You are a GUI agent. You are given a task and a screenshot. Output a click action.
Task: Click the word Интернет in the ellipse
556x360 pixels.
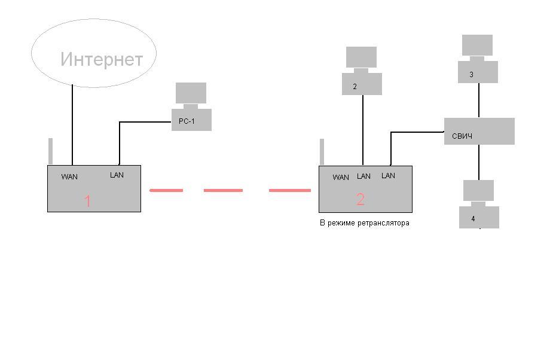pos(102,60)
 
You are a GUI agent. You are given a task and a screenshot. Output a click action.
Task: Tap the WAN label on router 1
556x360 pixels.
pos(69,177)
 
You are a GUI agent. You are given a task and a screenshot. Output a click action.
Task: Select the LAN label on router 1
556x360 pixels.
pos(117,175)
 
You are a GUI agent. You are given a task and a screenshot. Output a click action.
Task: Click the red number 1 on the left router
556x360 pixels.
pos(87,202)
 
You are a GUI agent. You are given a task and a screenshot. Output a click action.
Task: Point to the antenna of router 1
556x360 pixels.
pos(51,151)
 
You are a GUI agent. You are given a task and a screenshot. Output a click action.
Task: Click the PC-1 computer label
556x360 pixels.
pos(187,121)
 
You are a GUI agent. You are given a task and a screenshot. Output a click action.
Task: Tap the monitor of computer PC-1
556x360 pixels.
pos(191,93)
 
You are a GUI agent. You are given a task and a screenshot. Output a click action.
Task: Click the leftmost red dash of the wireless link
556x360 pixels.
pos(166,190)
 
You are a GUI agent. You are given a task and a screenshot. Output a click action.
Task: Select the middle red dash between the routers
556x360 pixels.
pos(223,190)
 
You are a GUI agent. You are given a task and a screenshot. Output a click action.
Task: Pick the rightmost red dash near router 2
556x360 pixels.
pos(290,190)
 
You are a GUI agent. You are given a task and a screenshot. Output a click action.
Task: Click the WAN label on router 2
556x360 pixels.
pos(341,178)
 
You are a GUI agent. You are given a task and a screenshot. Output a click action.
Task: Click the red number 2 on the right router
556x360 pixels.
pos(361,200)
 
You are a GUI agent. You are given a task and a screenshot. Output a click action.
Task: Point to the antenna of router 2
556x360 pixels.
pos(322,152)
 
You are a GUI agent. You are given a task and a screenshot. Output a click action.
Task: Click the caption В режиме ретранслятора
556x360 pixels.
pos(365,223)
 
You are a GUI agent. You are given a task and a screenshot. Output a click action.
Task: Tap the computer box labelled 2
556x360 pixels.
pos(362,84)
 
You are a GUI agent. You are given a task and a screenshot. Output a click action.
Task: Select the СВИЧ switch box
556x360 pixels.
pos(479,132)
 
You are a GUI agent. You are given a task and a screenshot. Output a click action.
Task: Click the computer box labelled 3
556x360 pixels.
pos(478,72)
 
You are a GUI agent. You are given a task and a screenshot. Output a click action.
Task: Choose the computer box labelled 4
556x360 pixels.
pos(479,217)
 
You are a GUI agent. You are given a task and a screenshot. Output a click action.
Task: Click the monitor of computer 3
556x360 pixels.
pos(477,45)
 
